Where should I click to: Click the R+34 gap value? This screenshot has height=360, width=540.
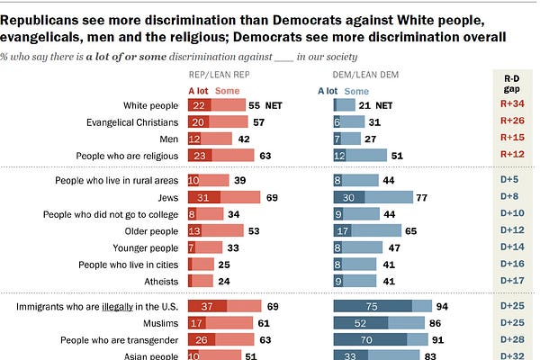click(514, 106)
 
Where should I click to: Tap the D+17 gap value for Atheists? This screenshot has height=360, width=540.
click(514, 282)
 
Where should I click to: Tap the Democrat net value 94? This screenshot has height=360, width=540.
click(441, 308)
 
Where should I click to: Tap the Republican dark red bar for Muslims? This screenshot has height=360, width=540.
click(196, 324)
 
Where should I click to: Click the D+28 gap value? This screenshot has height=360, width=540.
click(514, 341)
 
